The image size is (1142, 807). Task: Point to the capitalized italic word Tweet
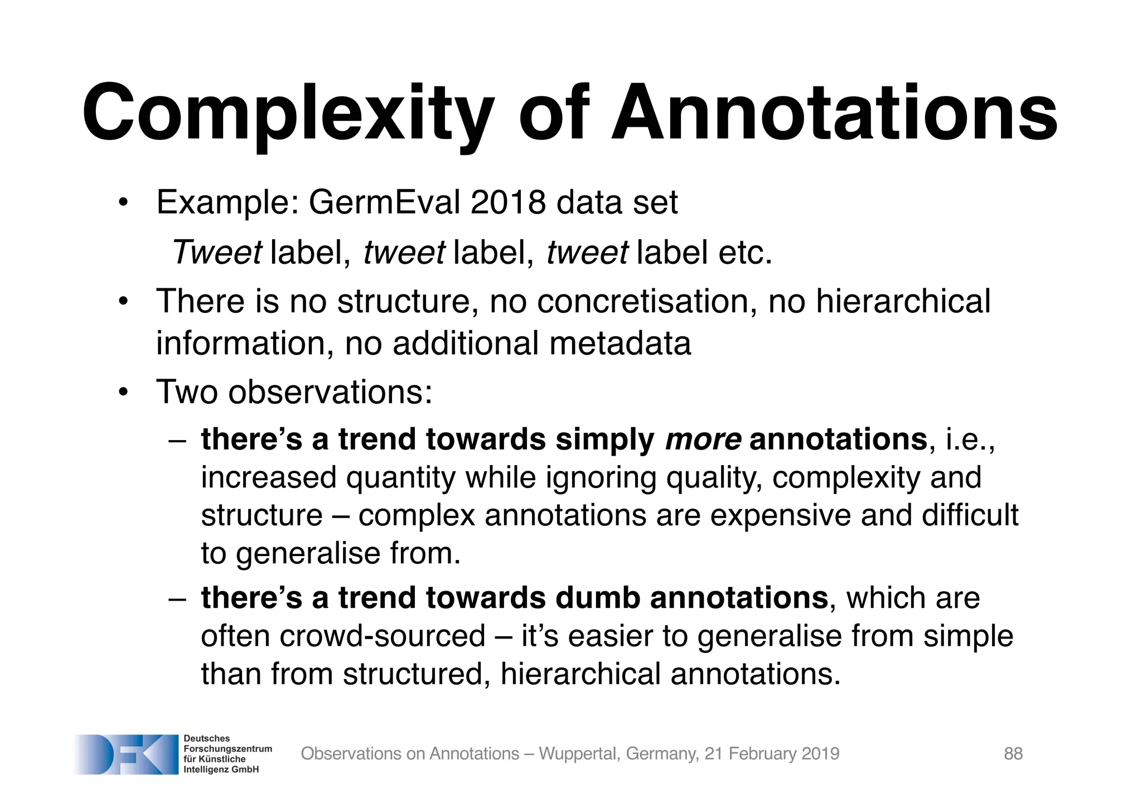(216, 252)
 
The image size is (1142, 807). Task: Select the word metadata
(620, 343)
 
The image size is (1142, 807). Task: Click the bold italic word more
(703, 439)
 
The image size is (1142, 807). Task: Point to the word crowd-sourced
(383, 636)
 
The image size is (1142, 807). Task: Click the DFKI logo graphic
(126, 754)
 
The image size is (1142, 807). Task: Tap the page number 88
(1013, 753)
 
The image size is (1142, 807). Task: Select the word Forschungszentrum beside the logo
(228, 748)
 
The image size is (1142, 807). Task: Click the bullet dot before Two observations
(123, 392)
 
